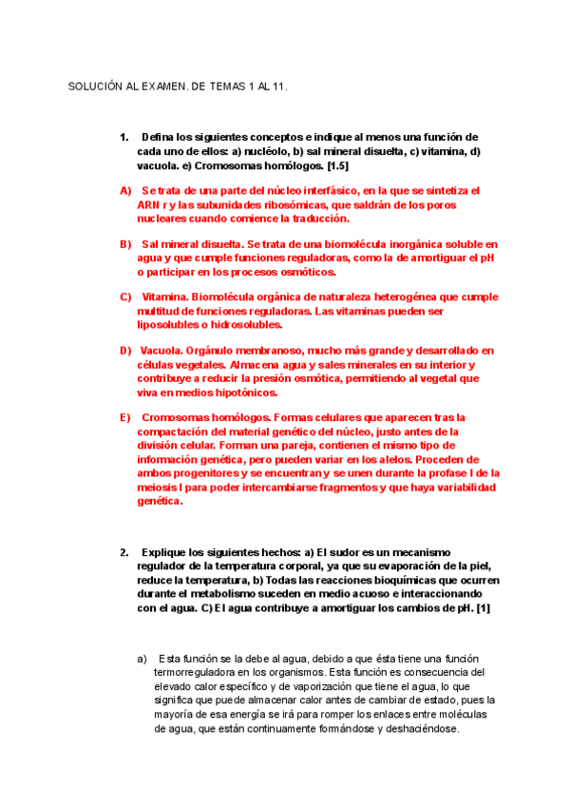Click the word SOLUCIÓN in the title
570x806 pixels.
click(x=94, y=86)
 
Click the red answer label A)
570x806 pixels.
click(x=125, y=190)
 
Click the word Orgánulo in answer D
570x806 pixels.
click(x=214, y=350)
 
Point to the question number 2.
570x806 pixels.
click(x=124, y=553)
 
